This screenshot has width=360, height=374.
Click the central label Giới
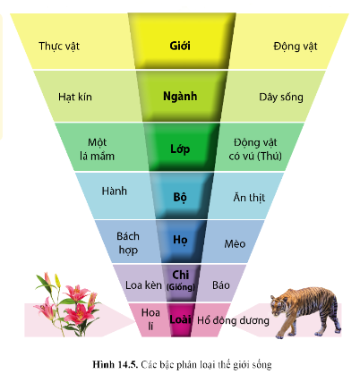[180, 46]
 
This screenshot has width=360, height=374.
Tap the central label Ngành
[180, 97]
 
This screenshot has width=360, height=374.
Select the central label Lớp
[180, 149]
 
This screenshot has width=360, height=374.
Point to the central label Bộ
[180, 198]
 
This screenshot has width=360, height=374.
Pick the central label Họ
[180, 240]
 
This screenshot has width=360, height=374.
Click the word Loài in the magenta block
[180, 319]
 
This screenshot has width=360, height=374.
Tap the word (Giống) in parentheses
[181, 287]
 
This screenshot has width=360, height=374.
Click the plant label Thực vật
[59, 47]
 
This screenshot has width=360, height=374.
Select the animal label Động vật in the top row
[296, 47]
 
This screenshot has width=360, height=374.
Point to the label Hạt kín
[75, 98]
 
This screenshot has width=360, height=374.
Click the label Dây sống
[281, 98]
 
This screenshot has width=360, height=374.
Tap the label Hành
[115, 191]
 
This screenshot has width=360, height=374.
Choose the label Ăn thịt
[249, 198]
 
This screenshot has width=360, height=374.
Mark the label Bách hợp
[128, 243]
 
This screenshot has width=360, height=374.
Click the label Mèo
[235, 243]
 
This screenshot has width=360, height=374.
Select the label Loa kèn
[143, 285]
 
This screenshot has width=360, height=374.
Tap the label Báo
[221, 285]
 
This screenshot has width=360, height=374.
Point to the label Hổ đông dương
[233, 320]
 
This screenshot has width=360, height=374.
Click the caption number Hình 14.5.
[116, 364]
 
